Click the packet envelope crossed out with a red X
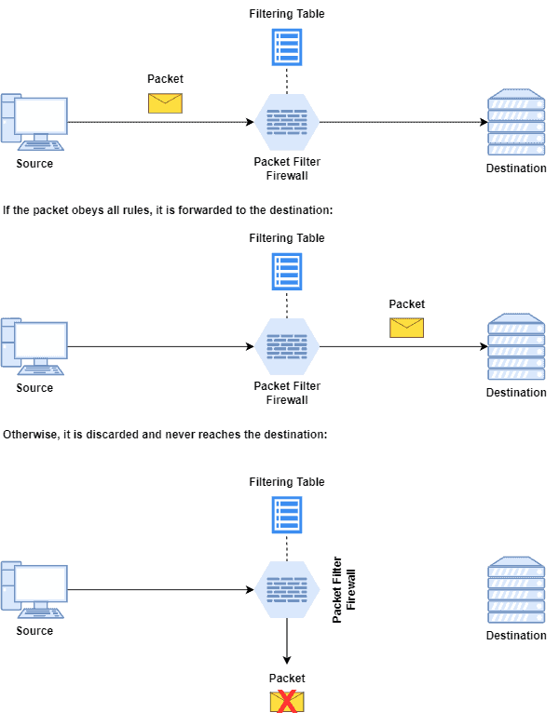click(x=287, y=702)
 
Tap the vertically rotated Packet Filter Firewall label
click(x=345, y=589)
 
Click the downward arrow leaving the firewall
click(x=287, y=643)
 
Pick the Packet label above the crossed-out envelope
click(x=287, y=679)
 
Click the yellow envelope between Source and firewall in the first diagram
click(x=165, y=102)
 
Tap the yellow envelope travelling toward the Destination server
click(x=406, y=327)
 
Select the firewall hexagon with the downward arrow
click(x=287, y=589)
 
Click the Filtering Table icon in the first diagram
click(x=287, y=47)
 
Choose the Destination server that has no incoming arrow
click(x=516, y=590)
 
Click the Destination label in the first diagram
click(x=516, y=168)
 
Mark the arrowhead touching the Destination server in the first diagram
click(x=484, y=122)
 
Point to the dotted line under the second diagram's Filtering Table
click(x=287, y=303)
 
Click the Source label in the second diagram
click(x=34, y=388)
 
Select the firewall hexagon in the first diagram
click(x=287, y=122)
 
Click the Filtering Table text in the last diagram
click(x=287, y=482)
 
